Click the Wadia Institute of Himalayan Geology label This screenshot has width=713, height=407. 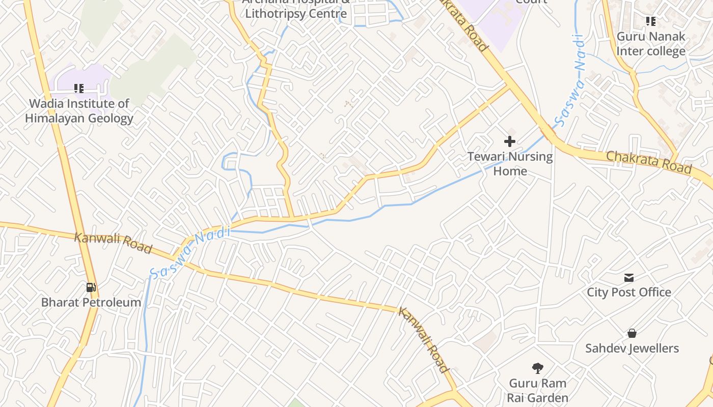tap(79, 111)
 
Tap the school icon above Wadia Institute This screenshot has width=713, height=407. tap(79, 89)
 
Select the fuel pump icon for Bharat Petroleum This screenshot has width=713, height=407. tap(91, 287)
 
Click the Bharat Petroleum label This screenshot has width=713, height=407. tap(91, 302)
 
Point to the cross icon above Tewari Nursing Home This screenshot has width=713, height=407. tap(510, 141)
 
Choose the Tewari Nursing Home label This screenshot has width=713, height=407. tap(510, 163)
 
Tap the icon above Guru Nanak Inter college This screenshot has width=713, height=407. tap(651, 21)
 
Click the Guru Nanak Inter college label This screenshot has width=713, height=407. tap(651, 44)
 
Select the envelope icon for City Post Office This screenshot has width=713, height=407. tap(629, 278)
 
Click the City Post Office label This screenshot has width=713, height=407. tap(629, 292)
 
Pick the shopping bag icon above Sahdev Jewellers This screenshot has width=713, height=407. tap(632, 333)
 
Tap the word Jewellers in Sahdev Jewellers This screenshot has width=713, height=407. tap(653, 348)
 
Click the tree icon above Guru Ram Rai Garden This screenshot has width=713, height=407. tap(537, 368)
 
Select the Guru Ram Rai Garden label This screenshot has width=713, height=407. tap(537, 390)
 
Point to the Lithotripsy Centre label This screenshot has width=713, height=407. tap(296, 13)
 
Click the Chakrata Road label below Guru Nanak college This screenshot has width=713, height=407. tap(648, 162)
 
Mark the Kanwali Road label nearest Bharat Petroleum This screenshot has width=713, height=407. tap(113, 243)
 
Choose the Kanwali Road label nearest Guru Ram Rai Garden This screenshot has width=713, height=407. tap(424, 339)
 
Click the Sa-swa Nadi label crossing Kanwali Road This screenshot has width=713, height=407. tap(190, 253)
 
